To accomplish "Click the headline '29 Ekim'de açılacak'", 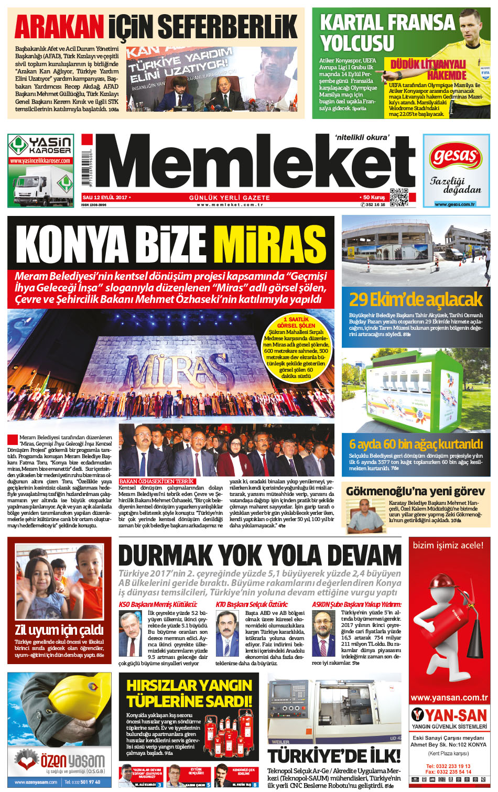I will (415, 299).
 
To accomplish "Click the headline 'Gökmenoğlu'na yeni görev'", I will (415, 491).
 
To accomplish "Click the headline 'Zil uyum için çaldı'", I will (59, 630).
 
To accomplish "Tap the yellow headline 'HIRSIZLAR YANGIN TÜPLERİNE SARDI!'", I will (189, 693).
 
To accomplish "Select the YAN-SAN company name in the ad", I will (454, 715).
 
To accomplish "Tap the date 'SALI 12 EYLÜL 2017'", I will (105, 197).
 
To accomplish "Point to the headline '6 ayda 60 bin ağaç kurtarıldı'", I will (416, 444).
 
